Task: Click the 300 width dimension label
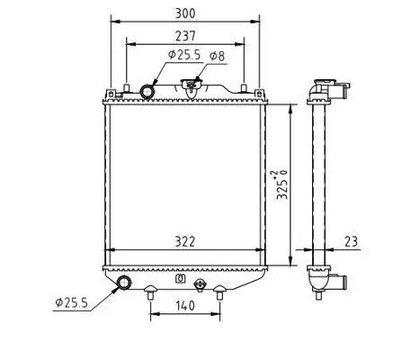[x=185, y=13]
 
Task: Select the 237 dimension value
[x=185, y=36]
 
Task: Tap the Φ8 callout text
[x=217, y=57]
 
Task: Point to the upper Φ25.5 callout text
[x=184, y=56]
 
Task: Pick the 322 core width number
[x=186, y=242]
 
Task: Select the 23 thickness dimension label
[x=350, y=241]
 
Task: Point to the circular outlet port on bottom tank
[x=123, y=284]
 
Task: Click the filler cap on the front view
[x=191, y=87]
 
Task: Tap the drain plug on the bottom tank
[x=200, y=289]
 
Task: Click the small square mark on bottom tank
[x=180, y=278]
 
